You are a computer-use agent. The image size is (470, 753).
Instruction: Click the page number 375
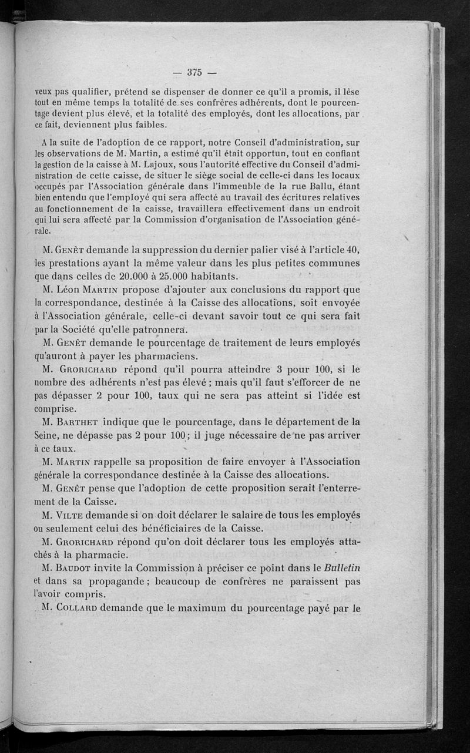(194, 73)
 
